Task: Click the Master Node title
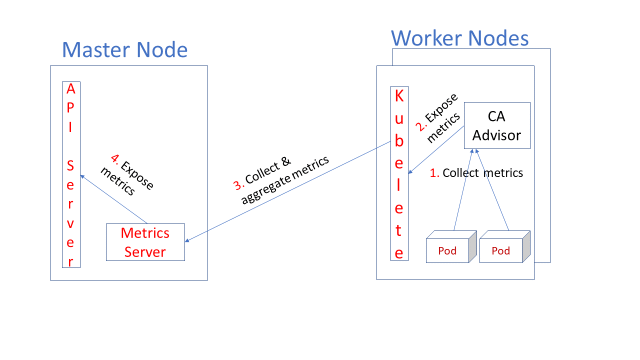(x=124, y=50)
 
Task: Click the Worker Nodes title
(x=459, y=38)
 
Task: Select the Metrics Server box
(x=145, y=242)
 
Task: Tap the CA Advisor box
(x=497, y=125)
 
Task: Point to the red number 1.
(x=434, y=173)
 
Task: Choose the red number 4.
(x=115, y=159)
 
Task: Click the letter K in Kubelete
(x=399, y=96)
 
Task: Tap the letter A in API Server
(x=71, y=89)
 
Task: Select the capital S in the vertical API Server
(x=71, y=165)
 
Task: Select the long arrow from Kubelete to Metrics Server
(x=287, y=192)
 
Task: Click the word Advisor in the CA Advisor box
(x=497, y=135)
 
